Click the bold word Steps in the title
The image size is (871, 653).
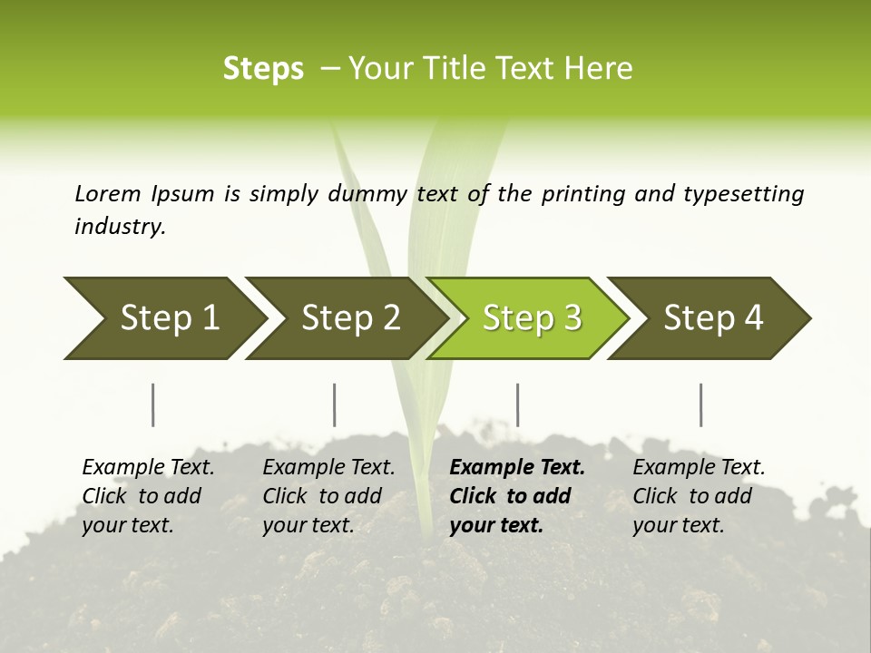coord(263,69)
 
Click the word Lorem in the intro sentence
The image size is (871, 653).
coord(107,193)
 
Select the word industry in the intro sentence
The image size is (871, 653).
coord(119,226)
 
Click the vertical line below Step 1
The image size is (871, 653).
coord(153,404)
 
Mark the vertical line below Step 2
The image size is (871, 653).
coord(335,404)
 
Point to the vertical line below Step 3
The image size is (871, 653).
coord(518,404)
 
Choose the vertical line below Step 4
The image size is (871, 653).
coord(701,404)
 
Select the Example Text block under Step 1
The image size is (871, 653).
coord(148,496)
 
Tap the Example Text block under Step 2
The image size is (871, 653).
coord(328,496)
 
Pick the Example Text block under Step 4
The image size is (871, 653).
coord(699,496)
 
